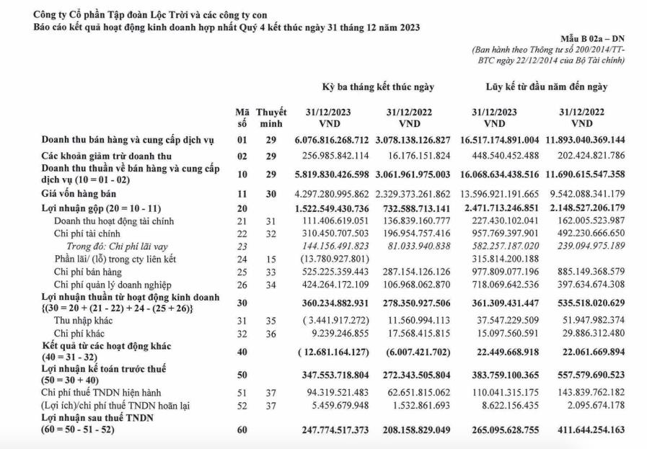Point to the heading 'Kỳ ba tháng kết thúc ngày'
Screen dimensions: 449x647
pyautogui.click(x=378, y=87)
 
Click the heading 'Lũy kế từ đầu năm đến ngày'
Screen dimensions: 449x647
pyautogui.click(x=546, y=87)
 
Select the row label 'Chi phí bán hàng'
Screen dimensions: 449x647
pyautogui.click(x=89, y=272)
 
